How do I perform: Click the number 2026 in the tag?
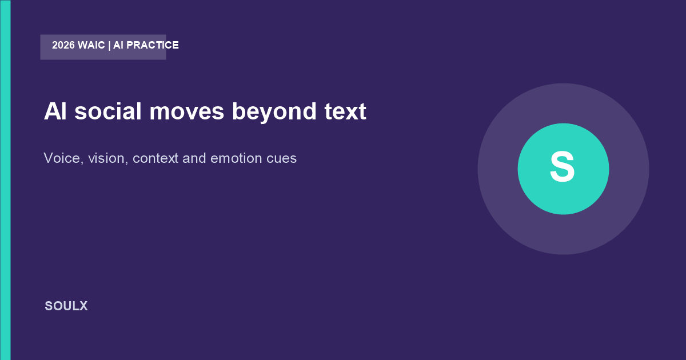pos(63,45)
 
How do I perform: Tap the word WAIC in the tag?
pos(91,45)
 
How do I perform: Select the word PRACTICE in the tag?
pos(153,45)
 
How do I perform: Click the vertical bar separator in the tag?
pos(109,46)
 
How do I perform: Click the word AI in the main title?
pos(55,111)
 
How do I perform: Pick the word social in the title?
pos(108,111)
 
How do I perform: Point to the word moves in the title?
pos(187,113)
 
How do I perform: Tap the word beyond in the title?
pos(274,112)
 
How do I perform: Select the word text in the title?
pos(345,111)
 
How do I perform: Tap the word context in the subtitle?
pos(155,159)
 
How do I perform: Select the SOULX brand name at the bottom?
pos(66,306)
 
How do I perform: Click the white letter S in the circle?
pos(563,167)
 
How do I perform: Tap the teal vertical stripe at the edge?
pos(5,180)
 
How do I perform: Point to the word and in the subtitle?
pos(194,158)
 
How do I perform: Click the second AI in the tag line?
pos(118,45)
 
